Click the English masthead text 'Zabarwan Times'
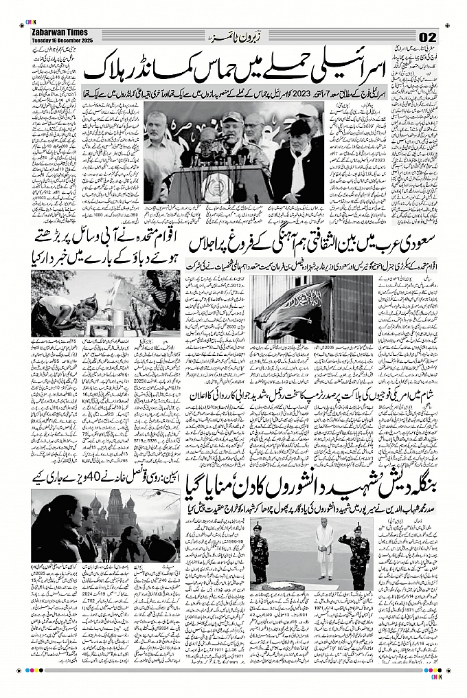coord(56,32)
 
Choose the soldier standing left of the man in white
coord(260,550)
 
